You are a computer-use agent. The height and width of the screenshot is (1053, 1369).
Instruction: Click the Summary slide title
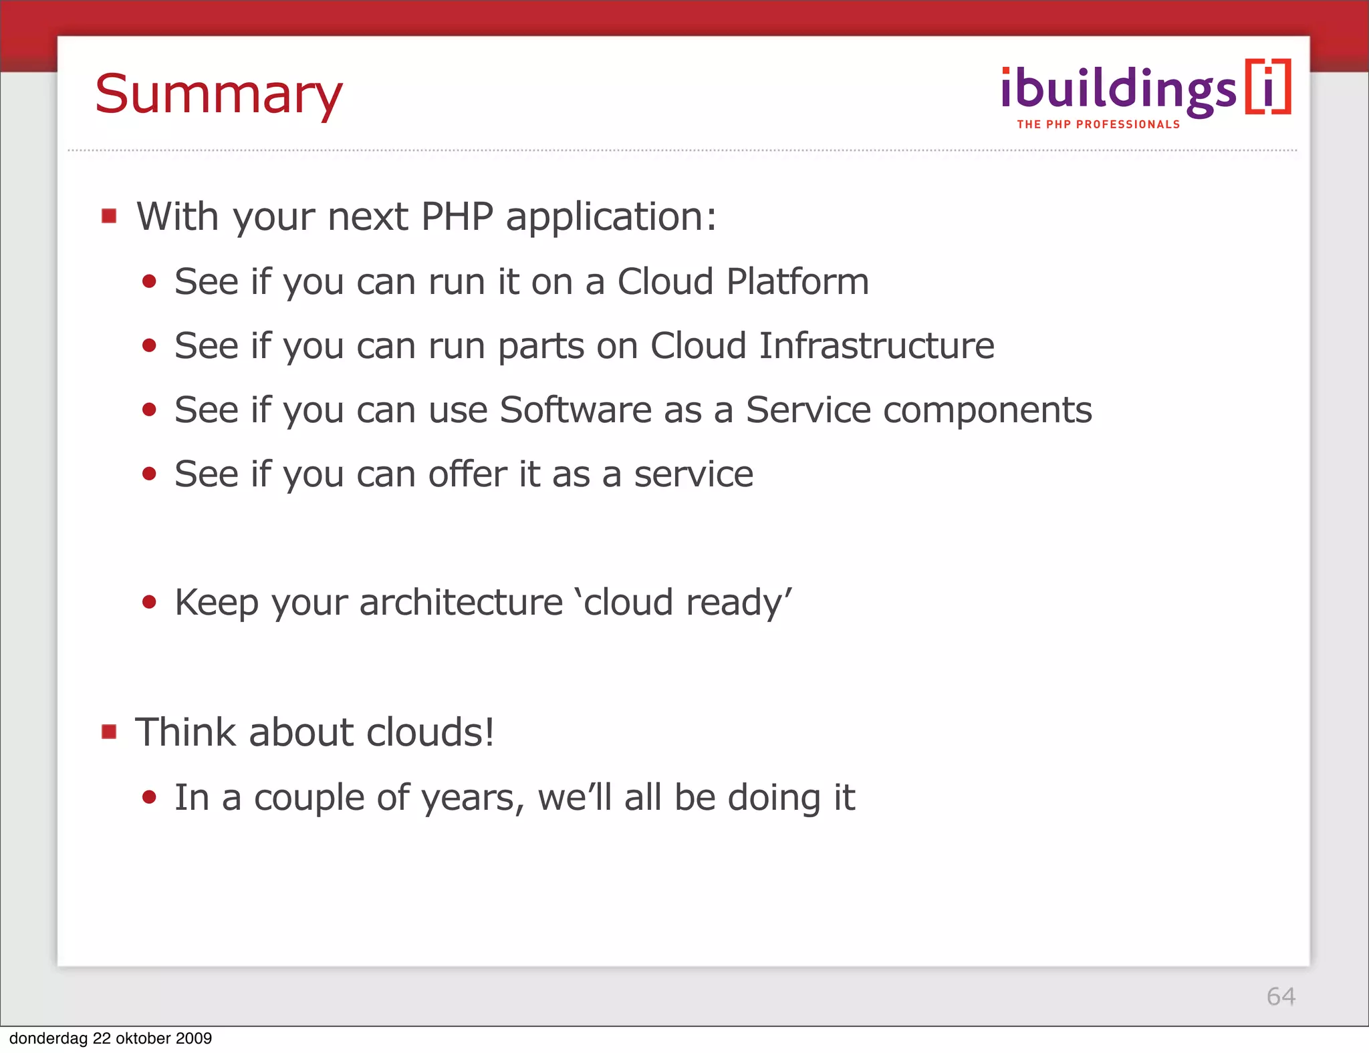pyautogui.click(x=219, y=95)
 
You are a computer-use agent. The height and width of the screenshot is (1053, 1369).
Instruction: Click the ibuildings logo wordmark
pyautogui.click(x=1118, y=90)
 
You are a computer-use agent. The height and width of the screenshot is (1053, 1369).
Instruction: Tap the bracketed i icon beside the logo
pyautogui.click(x=1267, y=88)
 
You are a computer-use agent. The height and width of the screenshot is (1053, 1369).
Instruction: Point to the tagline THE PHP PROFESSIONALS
pyautogui.click(x=1098, y=124)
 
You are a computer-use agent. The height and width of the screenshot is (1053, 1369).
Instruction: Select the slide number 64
pyautogui.click(x=1281, y=996)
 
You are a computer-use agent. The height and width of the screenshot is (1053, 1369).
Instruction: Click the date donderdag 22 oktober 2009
pyautogui.click(x=110, y=1038)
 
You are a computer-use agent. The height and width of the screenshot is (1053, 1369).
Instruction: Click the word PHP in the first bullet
pyautogui.click(x=457, y=216)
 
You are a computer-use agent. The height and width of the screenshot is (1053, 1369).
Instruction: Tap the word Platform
pyautogui.click(x=797, y=281)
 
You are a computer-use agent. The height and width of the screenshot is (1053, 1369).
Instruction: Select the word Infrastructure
pyautogui.click(x=876, y=345)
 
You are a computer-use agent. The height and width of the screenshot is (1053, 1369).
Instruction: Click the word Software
pyautogui.click(x=576, y=410)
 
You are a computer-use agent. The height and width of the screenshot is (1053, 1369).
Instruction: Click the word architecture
pyautogui.click(x=461, y=602)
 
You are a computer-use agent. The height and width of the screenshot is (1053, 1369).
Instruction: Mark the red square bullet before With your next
pyautogui.click(x=109, y=216)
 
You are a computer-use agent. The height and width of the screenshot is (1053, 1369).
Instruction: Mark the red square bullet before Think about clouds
pyautogui.click(x=109, y=732)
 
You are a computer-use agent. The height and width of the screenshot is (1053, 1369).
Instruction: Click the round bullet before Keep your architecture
pyautogui.click(x=149, y=602)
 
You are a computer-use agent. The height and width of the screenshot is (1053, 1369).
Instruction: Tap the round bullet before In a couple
pyautogui.click(x=149, y=797)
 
